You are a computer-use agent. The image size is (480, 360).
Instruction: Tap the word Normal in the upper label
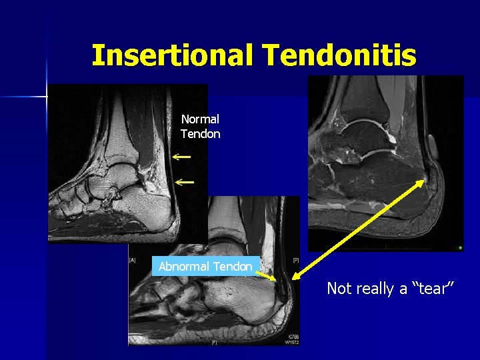pyautogui.click(x=200, y=119)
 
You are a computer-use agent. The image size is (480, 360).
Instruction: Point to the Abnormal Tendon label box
pyautogui.click(x=205, y=267)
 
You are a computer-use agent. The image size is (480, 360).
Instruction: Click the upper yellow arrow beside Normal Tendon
pyautogui.click(x=181, y=157)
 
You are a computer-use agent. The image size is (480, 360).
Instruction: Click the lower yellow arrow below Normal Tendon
pyautogui.click(x=185, y=181)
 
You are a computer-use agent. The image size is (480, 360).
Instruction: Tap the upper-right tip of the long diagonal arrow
pyautogui.click(x=425, y=181)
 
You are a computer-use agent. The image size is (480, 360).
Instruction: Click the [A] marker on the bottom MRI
pyautogui.click(x=132, y=260)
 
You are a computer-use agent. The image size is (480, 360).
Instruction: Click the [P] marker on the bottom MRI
pyautogui.click(x=295, y=260)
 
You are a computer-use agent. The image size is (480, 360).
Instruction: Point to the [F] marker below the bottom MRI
pyautogui.click(x=214, y=342)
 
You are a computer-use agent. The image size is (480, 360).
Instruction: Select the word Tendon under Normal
pyautogui.click(x=200, y=134)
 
